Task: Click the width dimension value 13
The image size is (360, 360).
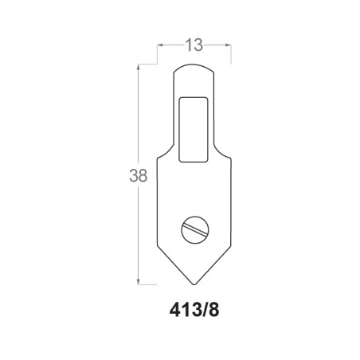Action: pyautogui.click(x=194, y=45)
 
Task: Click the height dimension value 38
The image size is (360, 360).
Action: pyautogui.click(x=138, y=175)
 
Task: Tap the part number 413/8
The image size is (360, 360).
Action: pyautogui.click(x=194, y=310)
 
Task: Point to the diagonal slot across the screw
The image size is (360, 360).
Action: pyautogui.click(x=195, y=229)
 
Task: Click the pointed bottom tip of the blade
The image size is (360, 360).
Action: pyautogui.click(x=194, y=284)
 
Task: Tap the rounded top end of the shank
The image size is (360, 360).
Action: pyautogui.click(x=194, y=65)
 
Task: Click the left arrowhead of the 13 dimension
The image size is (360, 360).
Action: pyautogui.click(x=160, y=45)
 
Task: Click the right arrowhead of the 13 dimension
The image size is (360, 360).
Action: pyautogui.click(x=229, y=45)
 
